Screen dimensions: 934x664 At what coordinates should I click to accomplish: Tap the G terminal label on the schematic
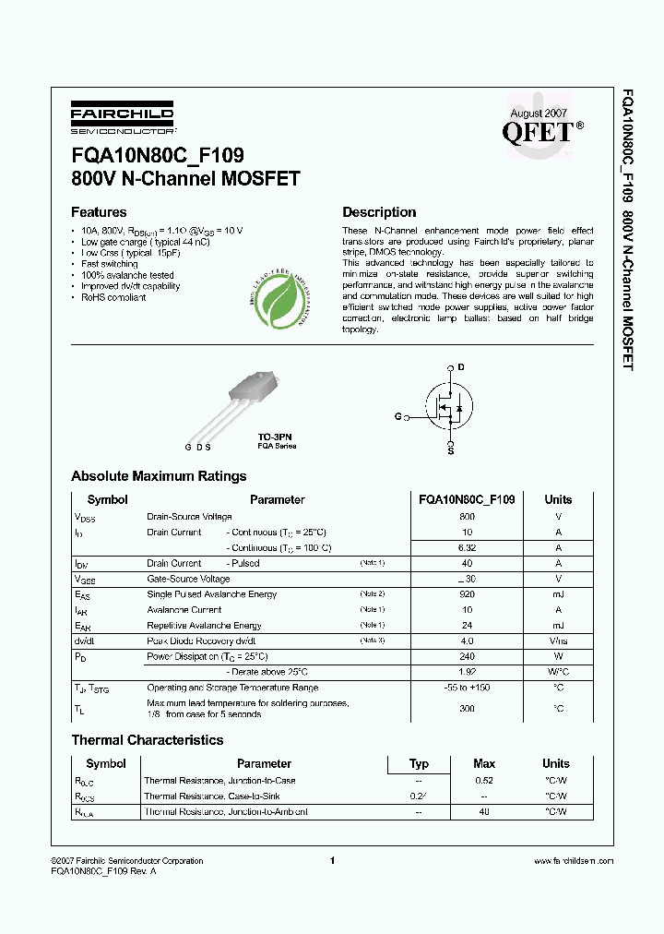[x=397, y=417]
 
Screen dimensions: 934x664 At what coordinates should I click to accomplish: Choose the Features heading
[x=99, y=212]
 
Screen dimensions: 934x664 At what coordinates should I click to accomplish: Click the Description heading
[x=379, y=212]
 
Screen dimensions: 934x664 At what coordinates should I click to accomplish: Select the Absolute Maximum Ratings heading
[x=159, y=476]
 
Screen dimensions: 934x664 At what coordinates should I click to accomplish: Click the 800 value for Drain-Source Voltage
[x=467, y=517]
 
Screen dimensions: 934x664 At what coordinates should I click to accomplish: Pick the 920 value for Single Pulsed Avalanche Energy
[x=467, y=594]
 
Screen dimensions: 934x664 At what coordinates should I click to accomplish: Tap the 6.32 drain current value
[x=467, y=548]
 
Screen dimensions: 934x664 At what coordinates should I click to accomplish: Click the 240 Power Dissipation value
[x=467, y=656]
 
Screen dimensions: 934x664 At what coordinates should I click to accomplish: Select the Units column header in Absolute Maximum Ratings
[x=558, y=499]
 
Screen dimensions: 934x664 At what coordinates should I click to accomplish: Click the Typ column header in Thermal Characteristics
[x=419, y=763]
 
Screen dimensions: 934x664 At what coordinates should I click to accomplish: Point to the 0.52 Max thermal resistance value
[x=484, y=781]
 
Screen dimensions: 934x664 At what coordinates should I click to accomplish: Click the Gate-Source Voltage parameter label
[x=190, y=579]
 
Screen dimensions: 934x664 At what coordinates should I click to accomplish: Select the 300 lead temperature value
[x=467, y=708]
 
